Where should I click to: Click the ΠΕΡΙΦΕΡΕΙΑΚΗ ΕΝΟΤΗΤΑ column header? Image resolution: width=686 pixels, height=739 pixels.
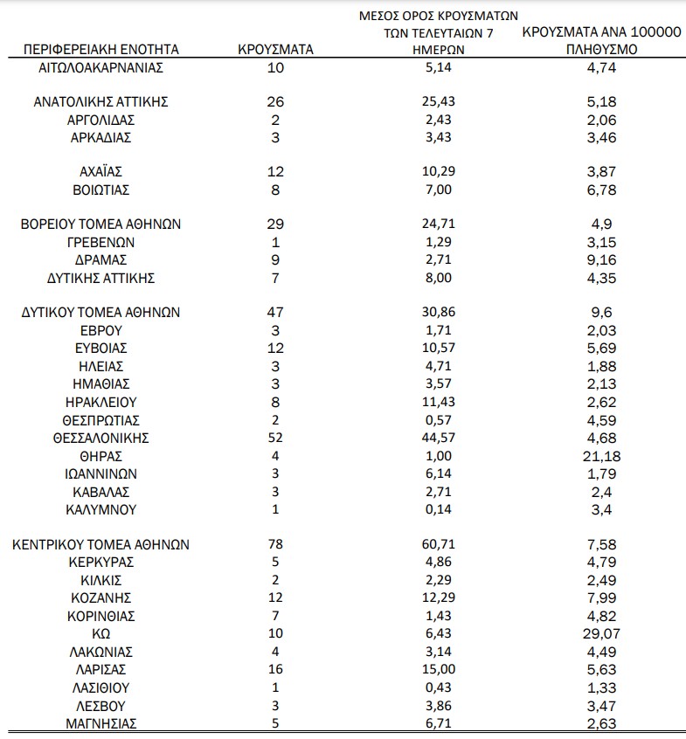(x=101, y=50)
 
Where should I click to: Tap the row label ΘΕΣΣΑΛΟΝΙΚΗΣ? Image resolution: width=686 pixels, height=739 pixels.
(x=101, y=438)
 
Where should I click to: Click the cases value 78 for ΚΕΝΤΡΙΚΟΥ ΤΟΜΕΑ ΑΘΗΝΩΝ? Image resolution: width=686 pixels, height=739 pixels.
(x=275, y=545)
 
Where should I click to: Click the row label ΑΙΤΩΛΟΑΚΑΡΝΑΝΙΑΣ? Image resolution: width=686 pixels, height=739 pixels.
(x=101, y=67)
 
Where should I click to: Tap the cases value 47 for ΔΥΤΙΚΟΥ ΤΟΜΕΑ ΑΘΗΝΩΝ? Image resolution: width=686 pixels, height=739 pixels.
(x=275, y=312)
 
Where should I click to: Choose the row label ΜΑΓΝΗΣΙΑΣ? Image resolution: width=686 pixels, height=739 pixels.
(x=101, y=722)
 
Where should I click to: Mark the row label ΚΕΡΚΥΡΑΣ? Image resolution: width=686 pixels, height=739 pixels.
(x=101, y=563)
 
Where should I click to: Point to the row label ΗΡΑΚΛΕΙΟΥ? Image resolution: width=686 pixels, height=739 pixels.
(x=101, y=403)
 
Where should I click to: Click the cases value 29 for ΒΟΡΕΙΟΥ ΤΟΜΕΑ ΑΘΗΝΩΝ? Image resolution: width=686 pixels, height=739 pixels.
(x=275, y=224)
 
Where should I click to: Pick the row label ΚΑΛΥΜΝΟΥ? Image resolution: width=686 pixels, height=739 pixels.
(x=101, y=509)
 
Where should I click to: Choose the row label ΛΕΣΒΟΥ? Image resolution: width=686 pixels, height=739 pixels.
(x=101, y=704)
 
